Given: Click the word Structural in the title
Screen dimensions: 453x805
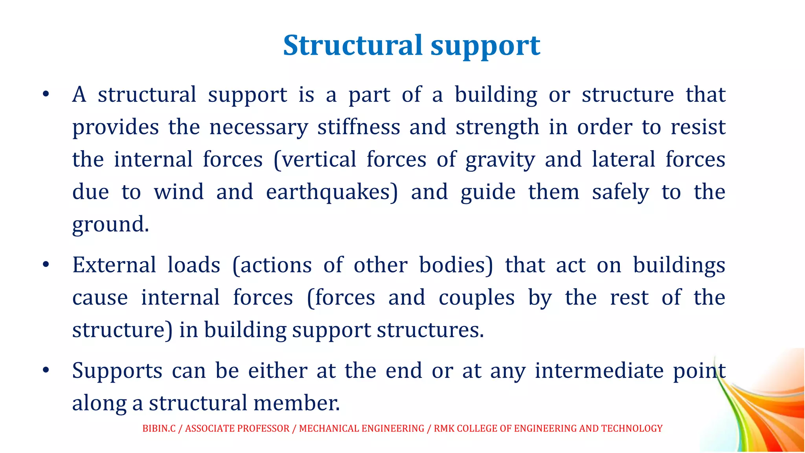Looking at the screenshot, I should click(353, 46).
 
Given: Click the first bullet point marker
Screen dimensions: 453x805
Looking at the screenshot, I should click(46, 94).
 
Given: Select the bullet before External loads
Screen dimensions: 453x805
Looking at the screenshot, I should click(46, 265).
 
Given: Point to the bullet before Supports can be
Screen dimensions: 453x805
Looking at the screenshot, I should click(46, 370).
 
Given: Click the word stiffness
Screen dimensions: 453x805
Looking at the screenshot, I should click(358, 127).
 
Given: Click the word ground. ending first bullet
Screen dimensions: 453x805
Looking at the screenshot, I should click(110, 225).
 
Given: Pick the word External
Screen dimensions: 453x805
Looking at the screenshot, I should click(114, 265).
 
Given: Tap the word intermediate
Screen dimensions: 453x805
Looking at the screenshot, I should click(599, 370).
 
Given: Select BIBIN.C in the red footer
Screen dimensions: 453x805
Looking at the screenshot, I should click(159, 428).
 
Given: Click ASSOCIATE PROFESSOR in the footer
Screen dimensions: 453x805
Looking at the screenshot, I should click(237, 428).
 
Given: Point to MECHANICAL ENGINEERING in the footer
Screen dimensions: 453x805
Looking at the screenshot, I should click(362, 428).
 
